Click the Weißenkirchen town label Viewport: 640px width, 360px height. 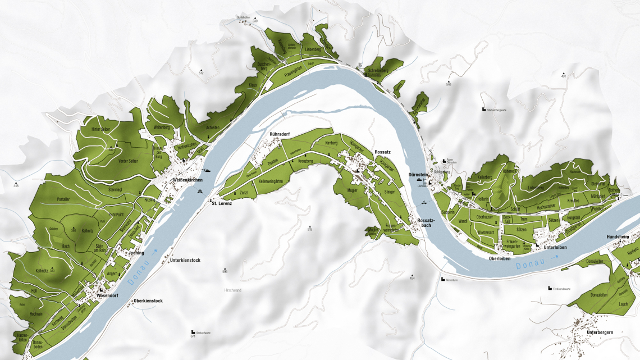(187, 180)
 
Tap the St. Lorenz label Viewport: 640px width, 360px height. (222, 203)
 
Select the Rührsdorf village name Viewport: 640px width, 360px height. (280, 134)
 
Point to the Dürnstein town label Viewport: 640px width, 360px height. (419, 175)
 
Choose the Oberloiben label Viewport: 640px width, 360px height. (499, 258)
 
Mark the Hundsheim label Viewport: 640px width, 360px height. (619, 237)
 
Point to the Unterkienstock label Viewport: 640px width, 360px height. (185, 261)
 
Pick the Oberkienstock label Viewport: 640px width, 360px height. (148, 301)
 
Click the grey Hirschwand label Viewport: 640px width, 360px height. (232, 290)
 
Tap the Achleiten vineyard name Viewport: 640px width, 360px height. (213, 128)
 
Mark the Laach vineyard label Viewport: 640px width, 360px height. (623, 304)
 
